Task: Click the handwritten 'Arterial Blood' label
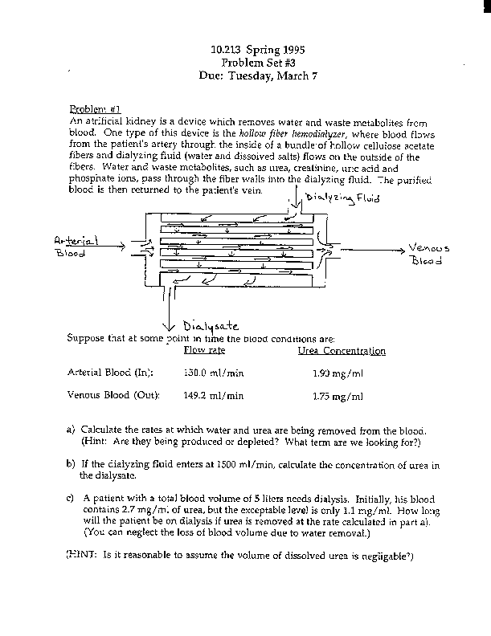(74, 246)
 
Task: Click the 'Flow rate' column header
(205, 351)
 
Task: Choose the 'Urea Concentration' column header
(342, 351)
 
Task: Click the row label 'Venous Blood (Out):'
(113, 395)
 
